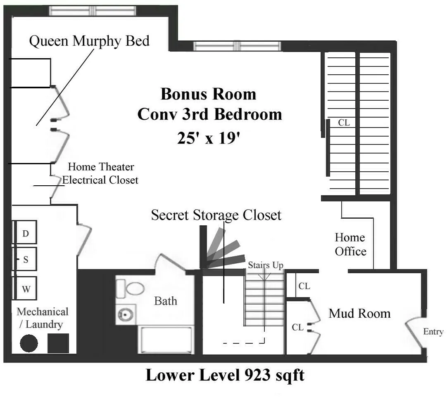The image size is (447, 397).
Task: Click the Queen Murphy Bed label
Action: click(89, 41)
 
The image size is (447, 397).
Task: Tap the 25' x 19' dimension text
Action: click(209, 138)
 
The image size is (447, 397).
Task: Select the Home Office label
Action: click(350, 244)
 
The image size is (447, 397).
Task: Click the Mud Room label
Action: click(359, 313)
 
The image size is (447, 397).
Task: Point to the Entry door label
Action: click(433, 332)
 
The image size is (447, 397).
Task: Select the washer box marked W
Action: click(26, 288)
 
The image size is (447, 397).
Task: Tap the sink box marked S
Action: click(26, 260)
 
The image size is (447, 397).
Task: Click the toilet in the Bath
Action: click(130, 288)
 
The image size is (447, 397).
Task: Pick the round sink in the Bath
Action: click(124, 315)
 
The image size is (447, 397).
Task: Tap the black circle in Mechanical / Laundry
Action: click(29, 343)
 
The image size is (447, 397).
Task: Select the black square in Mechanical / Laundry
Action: click(58, 343)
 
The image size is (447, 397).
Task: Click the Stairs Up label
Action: click(265, 265)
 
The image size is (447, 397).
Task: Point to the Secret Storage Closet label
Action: click(216, 215)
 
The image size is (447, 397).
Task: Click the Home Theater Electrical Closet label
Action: click(100, 173)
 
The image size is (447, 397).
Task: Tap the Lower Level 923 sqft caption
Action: click(225, 375)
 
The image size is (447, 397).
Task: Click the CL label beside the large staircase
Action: click(343, 123)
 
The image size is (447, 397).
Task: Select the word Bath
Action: click(165, 301)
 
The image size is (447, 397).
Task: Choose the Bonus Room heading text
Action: click(208, 94)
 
